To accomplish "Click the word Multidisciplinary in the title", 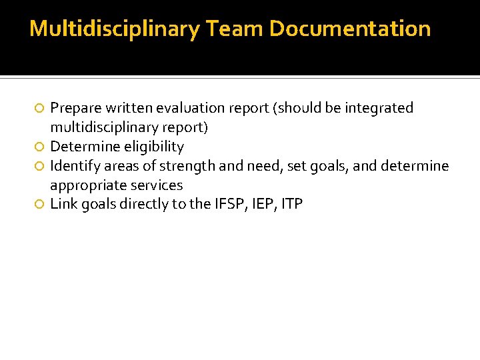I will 115,29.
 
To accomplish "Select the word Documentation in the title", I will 350,29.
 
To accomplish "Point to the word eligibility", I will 154,147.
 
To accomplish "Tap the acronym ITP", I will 292,204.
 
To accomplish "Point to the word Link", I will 64,204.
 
